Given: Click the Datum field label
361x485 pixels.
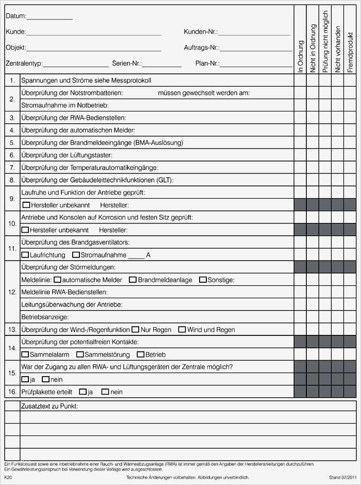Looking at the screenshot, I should [x=15, y=17].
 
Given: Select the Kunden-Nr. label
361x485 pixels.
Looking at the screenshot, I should [x=200, y=32].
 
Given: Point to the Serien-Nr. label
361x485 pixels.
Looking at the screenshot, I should [x=126, y=64].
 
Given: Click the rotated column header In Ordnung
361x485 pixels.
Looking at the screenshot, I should [x=301, y=57].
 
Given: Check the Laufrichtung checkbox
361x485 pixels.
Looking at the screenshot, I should [x=25, y=255].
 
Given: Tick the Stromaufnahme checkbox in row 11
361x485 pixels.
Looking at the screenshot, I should [x=76, y=255].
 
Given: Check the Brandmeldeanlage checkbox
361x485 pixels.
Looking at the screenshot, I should [x=133, y=280].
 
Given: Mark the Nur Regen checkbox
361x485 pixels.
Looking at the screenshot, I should [x=135, y=329].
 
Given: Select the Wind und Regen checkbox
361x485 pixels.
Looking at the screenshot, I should [x=182, y=329].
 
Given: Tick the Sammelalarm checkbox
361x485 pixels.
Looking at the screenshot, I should [x=25, y=354].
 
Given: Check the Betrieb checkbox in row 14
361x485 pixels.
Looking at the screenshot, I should [x=140, y=354].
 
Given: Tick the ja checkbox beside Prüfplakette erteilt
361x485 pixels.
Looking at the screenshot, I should [x=83, y=392].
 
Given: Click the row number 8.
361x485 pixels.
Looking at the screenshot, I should [x=12, y=180].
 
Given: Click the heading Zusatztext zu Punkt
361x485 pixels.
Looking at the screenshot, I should [x=50, y=407].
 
